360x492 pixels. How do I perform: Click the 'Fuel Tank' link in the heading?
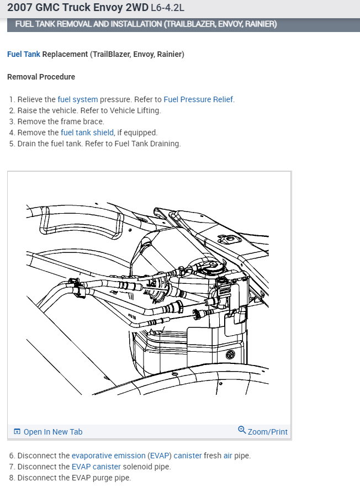coord(23,55)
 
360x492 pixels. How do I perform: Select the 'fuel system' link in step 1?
coord(77,100)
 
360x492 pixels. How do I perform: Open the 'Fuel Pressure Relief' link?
coord(198,100)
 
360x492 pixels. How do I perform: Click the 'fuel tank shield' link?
coord(87,133)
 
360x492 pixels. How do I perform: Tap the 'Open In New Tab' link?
coord(53,432)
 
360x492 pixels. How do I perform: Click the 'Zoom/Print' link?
coord(268,432)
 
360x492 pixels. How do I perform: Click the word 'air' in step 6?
coord(227,456)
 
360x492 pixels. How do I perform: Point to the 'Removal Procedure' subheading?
coord(41,77)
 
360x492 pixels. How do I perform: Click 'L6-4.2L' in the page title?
coord(167,8)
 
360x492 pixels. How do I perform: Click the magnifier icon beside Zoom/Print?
coord(242,430)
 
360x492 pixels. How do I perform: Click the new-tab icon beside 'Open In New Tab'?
coord(17,432)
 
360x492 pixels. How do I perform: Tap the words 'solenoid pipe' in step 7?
coord(147,467)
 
